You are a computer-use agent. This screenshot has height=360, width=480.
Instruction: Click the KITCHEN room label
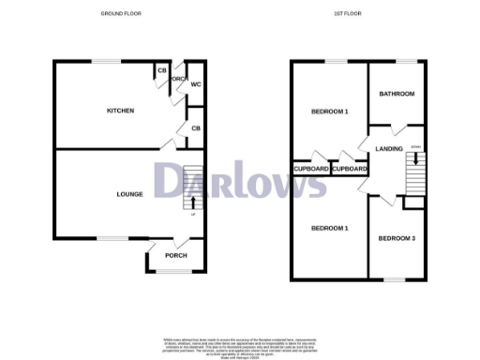(120, 111)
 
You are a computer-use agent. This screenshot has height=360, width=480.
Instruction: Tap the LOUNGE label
(129, 194)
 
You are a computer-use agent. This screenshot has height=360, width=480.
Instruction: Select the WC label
(196, 84)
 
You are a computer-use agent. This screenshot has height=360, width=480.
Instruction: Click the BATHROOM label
(396, 94)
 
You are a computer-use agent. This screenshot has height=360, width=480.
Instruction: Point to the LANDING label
(388, 149)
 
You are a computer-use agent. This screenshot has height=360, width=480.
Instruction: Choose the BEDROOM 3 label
(397, 238)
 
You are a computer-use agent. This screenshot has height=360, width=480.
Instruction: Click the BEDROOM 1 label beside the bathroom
(329, 112)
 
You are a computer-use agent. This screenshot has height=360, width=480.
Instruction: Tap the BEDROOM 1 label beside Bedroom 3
(329, 229)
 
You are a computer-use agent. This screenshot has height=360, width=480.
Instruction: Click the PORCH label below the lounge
(176, 256)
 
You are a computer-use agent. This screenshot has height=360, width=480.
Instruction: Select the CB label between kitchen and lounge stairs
(196, 127)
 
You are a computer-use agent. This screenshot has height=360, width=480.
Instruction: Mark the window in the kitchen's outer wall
(106, 62)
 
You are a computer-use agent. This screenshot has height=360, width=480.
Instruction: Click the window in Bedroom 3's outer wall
(395, 278)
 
